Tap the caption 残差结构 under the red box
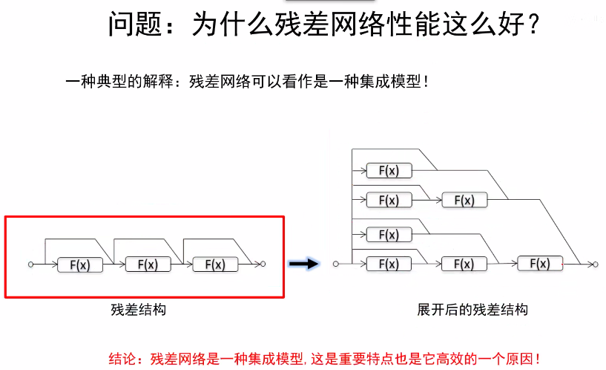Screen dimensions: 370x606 (x=138, y=310)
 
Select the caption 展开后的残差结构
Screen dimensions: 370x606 (x=472, y=310)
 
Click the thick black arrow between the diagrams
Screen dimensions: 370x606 (x=303, y=264)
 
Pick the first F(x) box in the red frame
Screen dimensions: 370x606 (x=80, y=264)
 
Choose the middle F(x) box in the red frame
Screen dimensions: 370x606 (x=148, y=264)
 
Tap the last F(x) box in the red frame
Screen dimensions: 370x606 (x=214, y=264)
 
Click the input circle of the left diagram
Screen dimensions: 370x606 (x=30, y=264)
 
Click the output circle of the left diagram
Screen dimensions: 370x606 (x=263, y=264)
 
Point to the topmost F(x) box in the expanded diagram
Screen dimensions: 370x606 (x=389, y=171)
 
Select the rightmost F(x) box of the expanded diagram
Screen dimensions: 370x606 (x=540, y=263)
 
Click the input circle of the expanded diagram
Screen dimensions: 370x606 (x=335, y=264)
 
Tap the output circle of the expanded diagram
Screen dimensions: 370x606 (x=592, y=264)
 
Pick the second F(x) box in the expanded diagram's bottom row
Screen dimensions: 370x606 (x=464, y=264)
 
